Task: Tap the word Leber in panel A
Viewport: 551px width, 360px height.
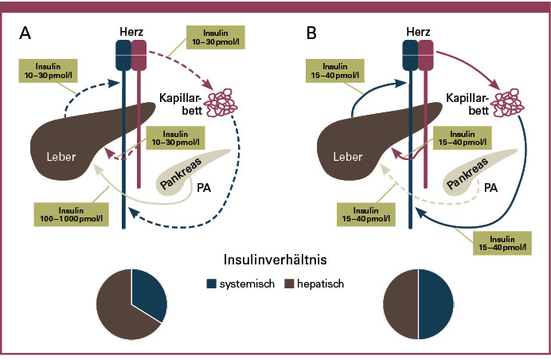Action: [x=61, y=157]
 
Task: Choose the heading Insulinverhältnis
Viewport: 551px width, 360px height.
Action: [x=275, y=260]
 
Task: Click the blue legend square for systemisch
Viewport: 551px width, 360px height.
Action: [x=212, y=283]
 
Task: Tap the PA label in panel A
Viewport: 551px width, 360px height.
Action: [x=206, y=190]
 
